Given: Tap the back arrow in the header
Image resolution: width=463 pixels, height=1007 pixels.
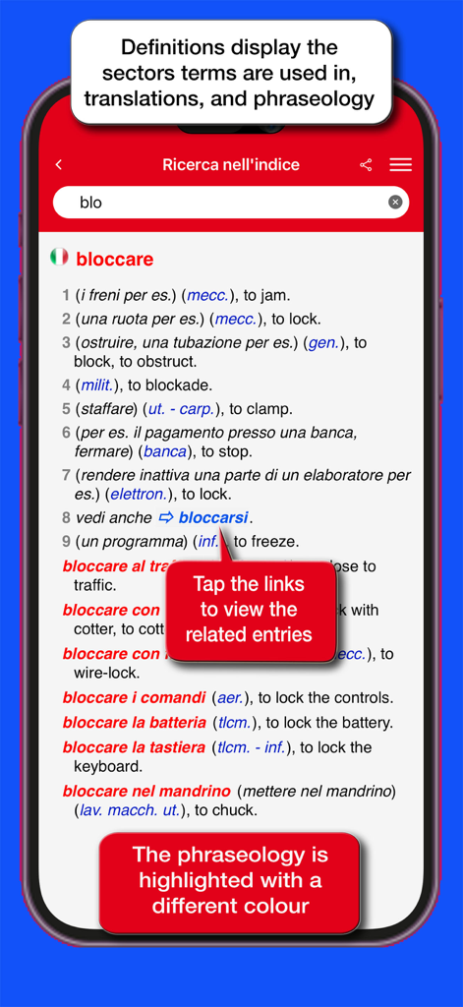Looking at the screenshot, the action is point(59,165).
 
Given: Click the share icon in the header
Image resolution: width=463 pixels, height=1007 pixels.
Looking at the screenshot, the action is point(366,165).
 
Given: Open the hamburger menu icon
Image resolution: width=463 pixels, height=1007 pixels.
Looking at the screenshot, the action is point(400,165).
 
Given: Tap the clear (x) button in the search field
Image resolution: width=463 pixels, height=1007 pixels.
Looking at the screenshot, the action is point(395,203).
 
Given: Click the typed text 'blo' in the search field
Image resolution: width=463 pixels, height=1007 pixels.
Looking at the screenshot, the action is point(91,203).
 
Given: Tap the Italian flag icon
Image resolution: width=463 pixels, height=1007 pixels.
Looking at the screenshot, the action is point(59,258).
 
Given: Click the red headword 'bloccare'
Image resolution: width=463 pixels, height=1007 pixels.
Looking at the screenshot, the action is point(115,260).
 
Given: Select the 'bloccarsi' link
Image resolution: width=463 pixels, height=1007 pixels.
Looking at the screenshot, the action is point(212,517).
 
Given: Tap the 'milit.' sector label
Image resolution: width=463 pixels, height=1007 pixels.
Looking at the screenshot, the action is point(97,385).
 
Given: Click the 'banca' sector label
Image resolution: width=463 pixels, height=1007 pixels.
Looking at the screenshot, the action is point(164,451).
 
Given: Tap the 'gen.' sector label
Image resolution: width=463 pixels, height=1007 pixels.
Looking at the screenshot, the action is point(323,342).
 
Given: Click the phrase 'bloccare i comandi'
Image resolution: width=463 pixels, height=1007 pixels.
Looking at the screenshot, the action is point(135,698).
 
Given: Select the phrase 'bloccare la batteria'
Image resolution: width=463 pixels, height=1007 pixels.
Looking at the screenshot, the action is point(135,723).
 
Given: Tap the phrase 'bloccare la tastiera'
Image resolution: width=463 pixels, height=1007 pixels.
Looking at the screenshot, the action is point(135,747).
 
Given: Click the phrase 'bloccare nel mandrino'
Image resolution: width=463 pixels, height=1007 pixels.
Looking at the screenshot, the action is point(146,791).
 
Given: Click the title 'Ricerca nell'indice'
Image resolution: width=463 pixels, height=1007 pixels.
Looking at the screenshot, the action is point(231,165).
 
